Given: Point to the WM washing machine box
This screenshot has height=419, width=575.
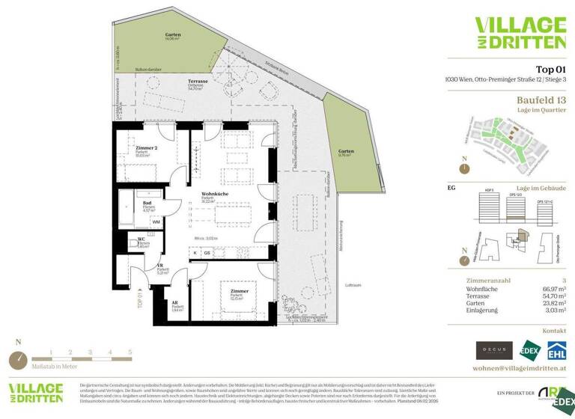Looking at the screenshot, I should tap(156, 222).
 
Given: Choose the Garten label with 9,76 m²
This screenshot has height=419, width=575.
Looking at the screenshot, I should tap(345, 152).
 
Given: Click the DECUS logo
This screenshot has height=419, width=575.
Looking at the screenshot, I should tap(494, 349).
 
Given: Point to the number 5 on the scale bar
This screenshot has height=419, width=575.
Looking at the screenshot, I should tap(130, 351).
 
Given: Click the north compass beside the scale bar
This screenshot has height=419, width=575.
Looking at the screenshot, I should tap(19, 360).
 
